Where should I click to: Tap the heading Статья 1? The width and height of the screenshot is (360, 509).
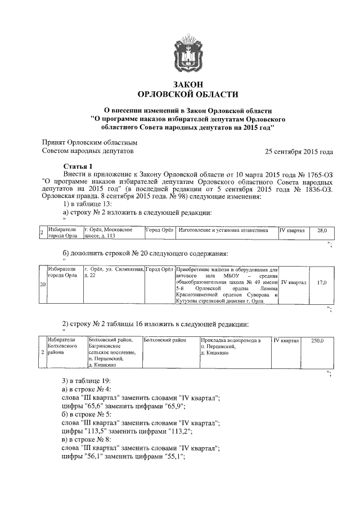76,167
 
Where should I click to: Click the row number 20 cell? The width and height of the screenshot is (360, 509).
43,285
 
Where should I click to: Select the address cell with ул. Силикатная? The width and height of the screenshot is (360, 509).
113,273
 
